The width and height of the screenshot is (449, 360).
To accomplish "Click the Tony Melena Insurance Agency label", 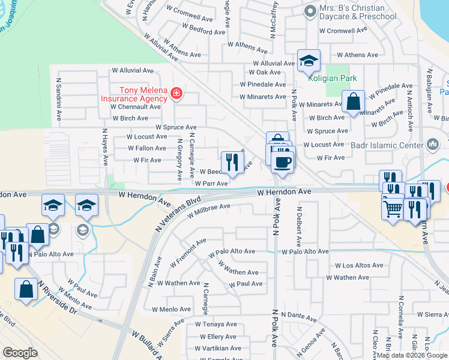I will [x=134, y=94].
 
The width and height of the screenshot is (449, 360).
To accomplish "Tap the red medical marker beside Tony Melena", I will [x=176, y=93].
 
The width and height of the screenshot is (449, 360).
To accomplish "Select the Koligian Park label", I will [x=332, y=78].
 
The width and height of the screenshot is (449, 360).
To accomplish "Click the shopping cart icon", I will [x=393, y=209].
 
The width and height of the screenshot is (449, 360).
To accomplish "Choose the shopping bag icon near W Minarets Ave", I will [x=353, y=103].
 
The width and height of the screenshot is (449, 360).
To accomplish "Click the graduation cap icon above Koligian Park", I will [x=309, y=61].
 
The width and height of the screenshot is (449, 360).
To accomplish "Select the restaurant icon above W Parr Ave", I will [x=232, y=161].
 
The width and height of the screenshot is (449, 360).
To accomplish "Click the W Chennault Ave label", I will [x=136, y=106].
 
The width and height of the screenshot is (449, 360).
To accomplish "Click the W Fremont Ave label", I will [x=188, y=252].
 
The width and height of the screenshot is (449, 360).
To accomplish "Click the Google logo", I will [x=20, y=353].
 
